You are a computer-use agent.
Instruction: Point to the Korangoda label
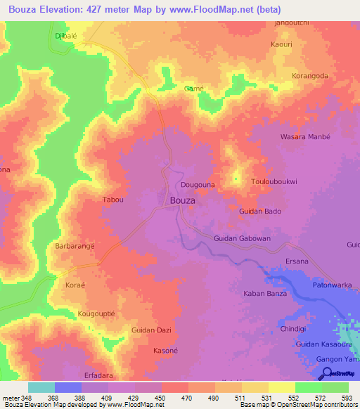coord(309,75)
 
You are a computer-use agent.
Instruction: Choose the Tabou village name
coord(113,200)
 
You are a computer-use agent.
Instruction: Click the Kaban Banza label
coord(264,293)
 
